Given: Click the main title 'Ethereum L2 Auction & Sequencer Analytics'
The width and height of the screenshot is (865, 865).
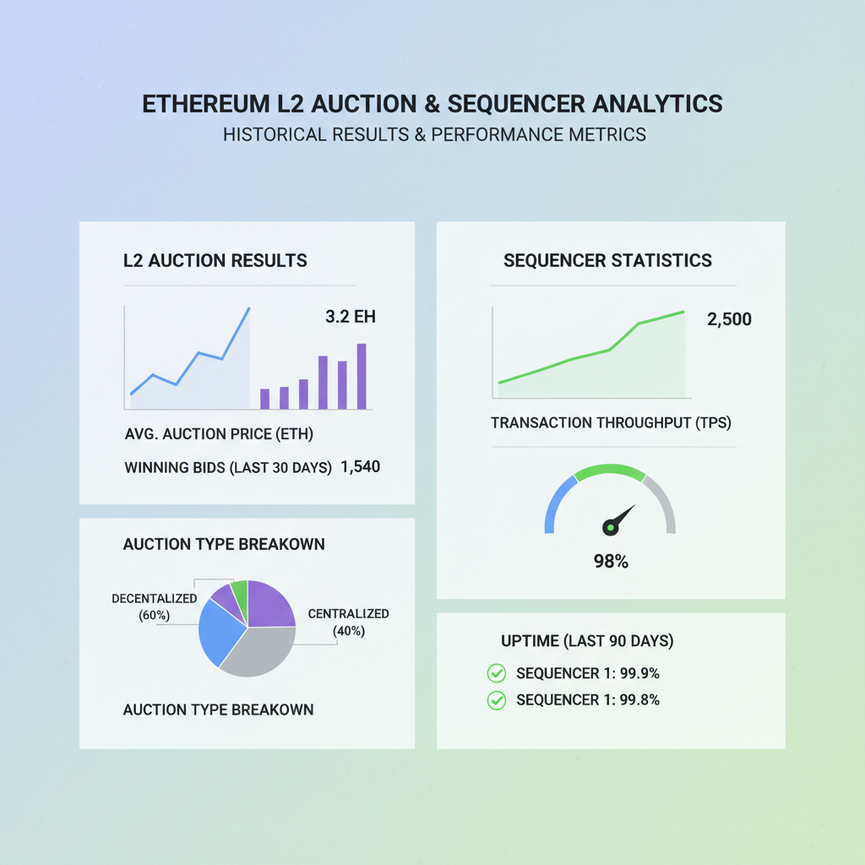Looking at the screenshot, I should (432, 104).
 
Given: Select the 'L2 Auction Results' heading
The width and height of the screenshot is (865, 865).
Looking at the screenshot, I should (215, 260).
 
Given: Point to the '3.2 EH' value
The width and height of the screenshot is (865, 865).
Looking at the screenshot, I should (350, 318).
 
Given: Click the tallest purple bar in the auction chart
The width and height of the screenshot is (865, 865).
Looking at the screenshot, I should (362, 377).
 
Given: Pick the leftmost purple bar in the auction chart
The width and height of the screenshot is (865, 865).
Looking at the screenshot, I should (264, 399).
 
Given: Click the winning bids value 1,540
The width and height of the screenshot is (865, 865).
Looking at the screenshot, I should (361, 466).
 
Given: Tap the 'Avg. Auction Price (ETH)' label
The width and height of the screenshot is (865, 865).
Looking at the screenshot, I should (219, 436).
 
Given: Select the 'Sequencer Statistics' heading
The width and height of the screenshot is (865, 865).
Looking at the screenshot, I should (607, 260).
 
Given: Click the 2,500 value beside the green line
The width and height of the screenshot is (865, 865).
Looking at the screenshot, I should (728, 319).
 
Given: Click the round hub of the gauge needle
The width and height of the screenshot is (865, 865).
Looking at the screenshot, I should (610, 527).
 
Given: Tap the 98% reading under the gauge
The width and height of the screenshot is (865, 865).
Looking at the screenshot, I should (610, 561).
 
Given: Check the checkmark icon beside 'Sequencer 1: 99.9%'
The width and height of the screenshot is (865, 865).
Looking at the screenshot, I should (496, 673).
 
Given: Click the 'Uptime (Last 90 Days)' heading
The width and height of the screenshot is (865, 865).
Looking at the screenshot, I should (587, 641).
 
